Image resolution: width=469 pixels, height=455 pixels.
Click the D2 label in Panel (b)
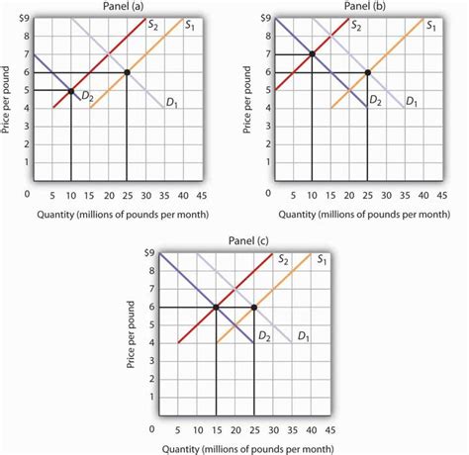pyautogui.click(x=375, y=101)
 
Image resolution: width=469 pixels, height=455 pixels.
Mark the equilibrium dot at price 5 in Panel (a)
pyautogui.click(x=70, y=91)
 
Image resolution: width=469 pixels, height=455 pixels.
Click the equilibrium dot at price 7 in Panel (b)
pyautogui.click(x=312, y=53)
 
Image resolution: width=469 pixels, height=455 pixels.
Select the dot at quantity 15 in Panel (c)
pyautogui.click(x=216, y=308)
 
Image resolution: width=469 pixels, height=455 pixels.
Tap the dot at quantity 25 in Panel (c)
pyautogui.click(x=254, y=308)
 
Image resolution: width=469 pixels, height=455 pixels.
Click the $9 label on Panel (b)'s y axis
pyautogui.click(x=262, y=18)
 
